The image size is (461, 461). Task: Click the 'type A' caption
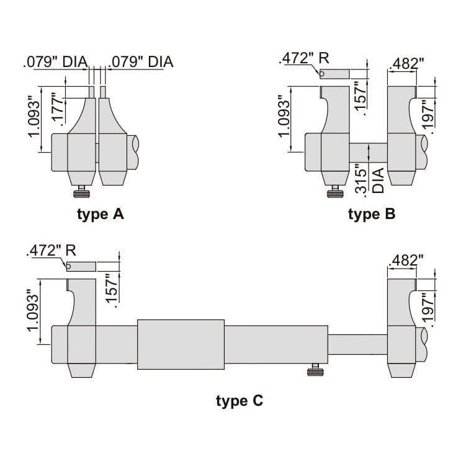point(101,215)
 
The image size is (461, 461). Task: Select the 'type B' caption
point(371,215)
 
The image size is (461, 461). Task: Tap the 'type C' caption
point(239,401)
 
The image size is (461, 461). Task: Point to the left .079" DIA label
point(55,62)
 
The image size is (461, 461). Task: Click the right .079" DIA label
point(141,62)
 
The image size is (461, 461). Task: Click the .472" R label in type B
point(304,59)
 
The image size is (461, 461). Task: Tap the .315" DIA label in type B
point(370,180)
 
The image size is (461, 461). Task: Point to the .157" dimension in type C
point(112,289)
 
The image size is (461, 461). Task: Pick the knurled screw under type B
point(335,194)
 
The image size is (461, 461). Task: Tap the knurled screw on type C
point(315,372)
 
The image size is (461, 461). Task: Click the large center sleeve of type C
point(180,344)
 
